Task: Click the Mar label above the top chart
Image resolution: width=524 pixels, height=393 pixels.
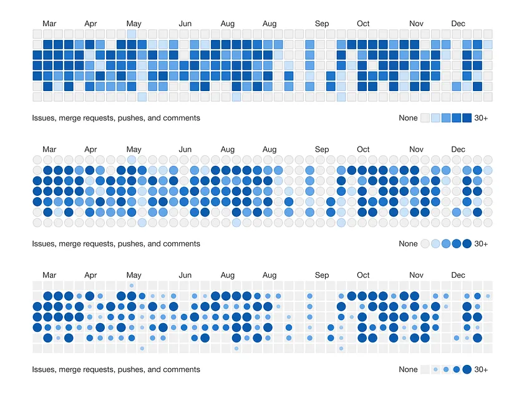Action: pos(49,24)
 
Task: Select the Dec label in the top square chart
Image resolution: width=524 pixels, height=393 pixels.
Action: pos(458,24)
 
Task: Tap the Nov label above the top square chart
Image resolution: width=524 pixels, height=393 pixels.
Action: pos(416,24)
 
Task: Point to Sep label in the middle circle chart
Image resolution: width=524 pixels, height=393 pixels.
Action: pos(322,150)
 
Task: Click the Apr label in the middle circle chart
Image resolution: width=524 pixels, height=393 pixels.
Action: pos(90,150)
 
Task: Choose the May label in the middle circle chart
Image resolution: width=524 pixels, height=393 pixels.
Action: pos(133,150)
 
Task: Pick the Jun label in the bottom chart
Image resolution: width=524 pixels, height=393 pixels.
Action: pos(185,275)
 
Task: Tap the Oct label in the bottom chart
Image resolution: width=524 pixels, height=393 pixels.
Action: pos(363,275)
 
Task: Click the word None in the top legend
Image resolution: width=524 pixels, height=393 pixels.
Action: pos(408,118)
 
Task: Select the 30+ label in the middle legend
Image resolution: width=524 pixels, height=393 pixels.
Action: pos(481,244)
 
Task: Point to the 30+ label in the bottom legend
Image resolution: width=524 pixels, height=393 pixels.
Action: pos(481,369)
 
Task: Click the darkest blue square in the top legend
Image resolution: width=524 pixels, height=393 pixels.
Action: pos(467,118)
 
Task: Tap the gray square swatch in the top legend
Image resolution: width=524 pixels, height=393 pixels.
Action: pos(425,118)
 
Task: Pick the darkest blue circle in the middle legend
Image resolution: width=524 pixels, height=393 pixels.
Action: pos(467,244)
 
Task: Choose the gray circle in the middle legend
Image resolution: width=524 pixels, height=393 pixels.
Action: pos(425,244)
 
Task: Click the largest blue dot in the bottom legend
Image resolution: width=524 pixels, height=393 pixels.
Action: pos(467,369)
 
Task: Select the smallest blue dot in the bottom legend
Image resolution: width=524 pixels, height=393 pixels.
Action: pos(436,369)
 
